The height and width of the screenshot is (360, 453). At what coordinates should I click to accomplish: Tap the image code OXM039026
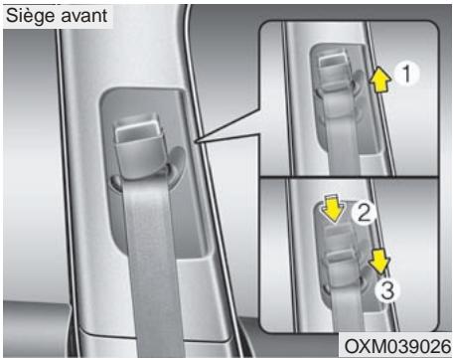pos(396,344)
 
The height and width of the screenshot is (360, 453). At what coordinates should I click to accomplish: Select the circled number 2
pos(366,213)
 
